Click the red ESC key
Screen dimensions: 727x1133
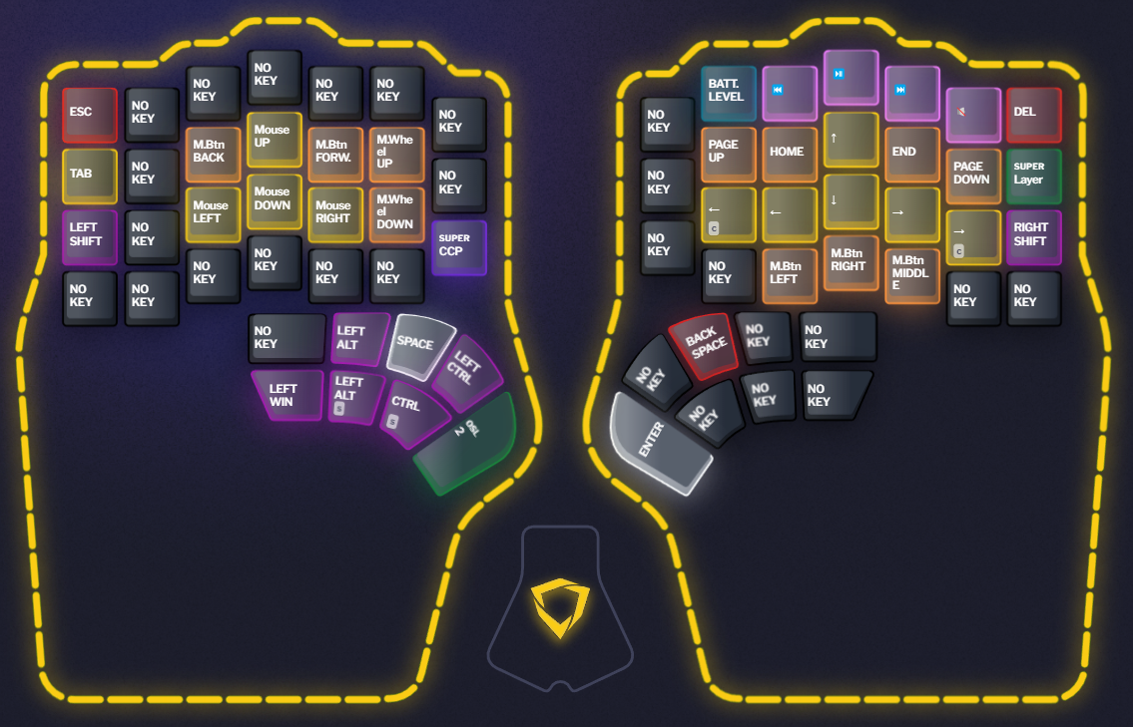(89, 114)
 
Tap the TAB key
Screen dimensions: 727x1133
(89, 176)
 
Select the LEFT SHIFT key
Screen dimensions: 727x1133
(89, 236)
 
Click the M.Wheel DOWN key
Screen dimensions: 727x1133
(396, 213)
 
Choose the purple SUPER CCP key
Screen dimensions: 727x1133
(458, 246)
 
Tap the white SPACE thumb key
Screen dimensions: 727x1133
(419, 343)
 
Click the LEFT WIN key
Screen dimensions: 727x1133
(285, 395)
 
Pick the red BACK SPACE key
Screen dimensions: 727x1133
(707, 345)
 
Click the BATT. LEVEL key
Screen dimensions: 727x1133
(728, 93)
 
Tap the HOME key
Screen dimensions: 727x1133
(789, 154)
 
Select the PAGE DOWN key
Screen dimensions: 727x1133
(972, 175)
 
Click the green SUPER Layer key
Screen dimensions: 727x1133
(1032, 175)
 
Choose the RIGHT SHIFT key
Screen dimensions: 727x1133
(1032, 236)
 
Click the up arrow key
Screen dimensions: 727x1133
(850, 139)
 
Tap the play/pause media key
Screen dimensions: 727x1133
(850, 77)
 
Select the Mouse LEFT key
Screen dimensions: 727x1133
(213, 213)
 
